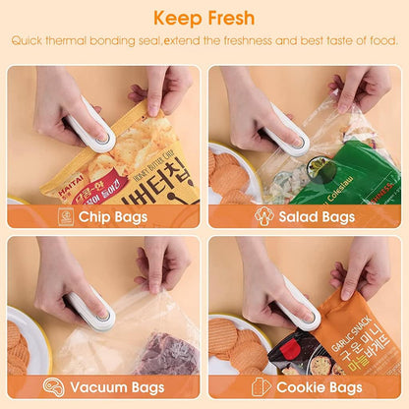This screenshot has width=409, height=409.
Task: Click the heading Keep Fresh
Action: click(x=204, y=18)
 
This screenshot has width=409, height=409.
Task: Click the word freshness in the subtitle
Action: click(x=274, y=41)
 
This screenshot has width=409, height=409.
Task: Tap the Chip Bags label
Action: click(x=113, y=216)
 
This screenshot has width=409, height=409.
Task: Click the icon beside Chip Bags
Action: click(x=66, y=216)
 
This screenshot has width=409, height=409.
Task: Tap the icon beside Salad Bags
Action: click(x=264, y=216)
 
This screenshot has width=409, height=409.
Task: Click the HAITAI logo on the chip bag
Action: click(x=62, y=167)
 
